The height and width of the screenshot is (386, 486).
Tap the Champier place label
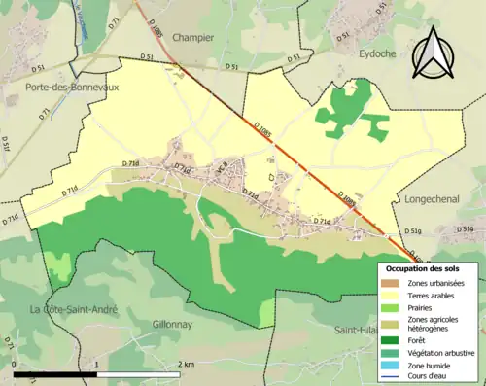pyautogui.click(x=192, y=38)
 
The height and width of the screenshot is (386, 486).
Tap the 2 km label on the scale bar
pyautogui.click(x=187, y=364)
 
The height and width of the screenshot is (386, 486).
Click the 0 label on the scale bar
pyautogui.click(x=15, y=364)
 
